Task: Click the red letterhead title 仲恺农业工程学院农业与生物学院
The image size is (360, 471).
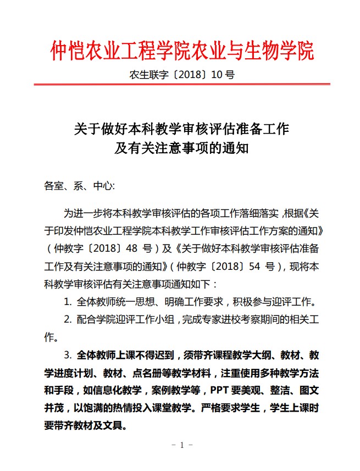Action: [x=182, y=50]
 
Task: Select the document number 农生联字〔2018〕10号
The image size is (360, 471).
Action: [x=182, y=75]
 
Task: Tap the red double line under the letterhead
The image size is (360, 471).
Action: [x=182, y=85]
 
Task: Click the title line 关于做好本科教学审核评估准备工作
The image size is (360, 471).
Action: [x=182, y=130]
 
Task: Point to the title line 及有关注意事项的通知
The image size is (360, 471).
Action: [x=182, y=148]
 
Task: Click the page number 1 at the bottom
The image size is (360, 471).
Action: [x=181, y=445]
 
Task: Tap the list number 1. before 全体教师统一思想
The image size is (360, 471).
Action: [x=68, y=301]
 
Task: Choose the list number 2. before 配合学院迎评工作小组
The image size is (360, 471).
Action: [x=68, y=319]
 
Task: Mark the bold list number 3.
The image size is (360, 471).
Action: [x=68, y=354]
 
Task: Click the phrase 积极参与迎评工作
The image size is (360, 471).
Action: [x=275, y=301]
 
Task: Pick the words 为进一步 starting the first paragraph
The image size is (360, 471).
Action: [x=82, y=213]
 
